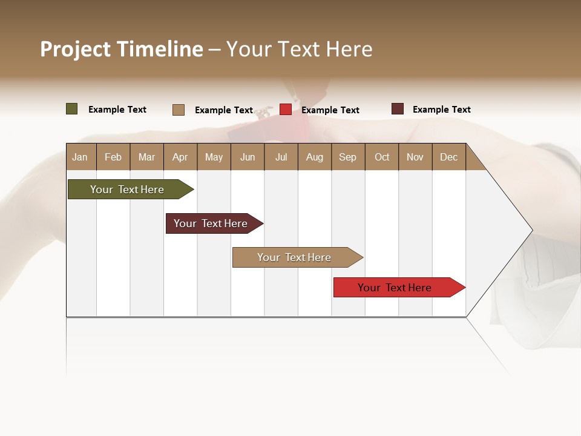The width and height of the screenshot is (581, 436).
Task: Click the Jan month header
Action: pos(80,157)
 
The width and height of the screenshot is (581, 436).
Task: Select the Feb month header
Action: pos(113,157)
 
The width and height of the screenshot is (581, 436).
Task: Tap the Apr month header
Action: pos(180,157)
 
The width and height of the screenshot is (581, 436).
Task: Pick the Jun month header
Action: pos(248,157)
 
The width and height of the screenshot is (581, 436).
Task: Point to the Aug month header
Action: pos(314,157)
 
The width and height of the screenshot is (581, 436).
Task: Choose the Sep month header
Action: pos(347,157)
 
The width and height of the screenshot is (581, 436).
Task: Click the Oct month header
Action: pos(382,157)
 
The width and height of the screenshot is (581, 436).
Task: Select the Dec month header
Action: pos(448,157)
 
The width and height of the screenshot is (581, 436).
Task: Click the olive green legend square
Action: pos(72,109)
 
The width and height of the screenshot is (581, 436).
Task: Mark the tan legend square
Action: pos(179,110)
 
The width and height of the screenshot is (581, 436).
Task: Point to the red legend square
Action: pos(286,110)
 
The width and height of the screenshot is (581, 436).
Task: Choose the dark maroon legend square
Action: pos(398,109)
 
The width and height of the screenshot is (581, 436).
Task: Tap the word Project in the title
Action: pos(75,49)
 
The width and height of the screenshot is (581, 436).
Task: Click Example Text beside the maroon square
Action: pos(441,110)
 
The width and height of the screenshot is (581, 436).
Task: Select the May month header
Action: pos(214,157)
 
